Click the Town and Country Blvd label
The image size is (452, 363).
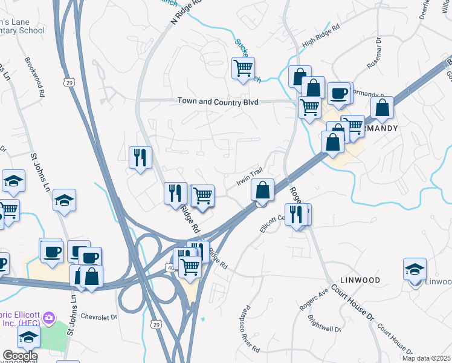218,102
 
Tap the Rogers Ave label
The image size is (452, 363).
314,299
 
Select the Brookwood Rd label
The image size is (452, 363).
34,77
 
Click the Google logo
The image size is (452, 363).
19,355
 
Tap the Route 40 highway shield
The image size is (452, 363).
172,266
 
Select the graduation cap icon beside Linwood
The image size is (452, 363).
415,268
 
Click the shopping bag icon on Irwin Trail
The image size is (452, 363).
262,190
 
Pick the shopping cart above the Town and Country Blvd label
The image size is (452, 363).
243,68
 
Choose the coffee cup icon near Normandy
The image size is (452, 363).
339,93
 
